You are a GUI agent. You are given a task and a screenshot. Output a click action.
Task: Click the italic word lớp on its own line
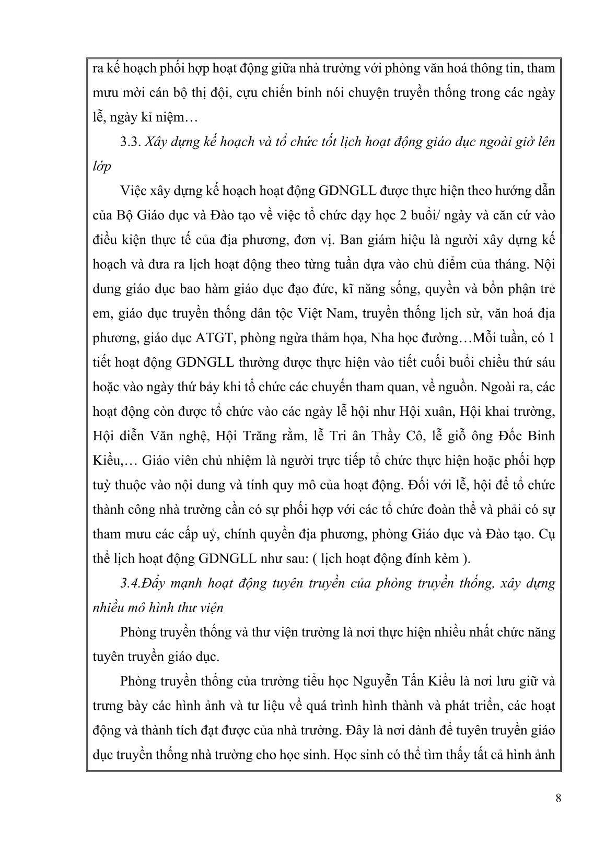[x=101, y=167]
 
